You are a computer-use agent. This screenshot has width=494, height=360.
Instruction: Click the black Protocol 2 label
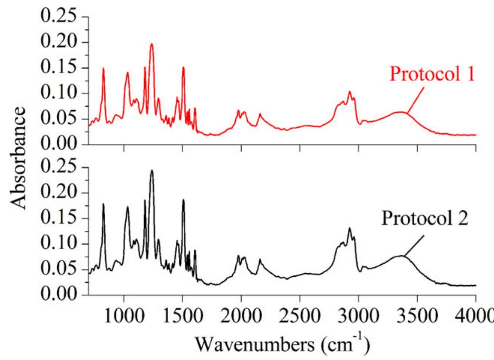(x=425, y=219)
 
